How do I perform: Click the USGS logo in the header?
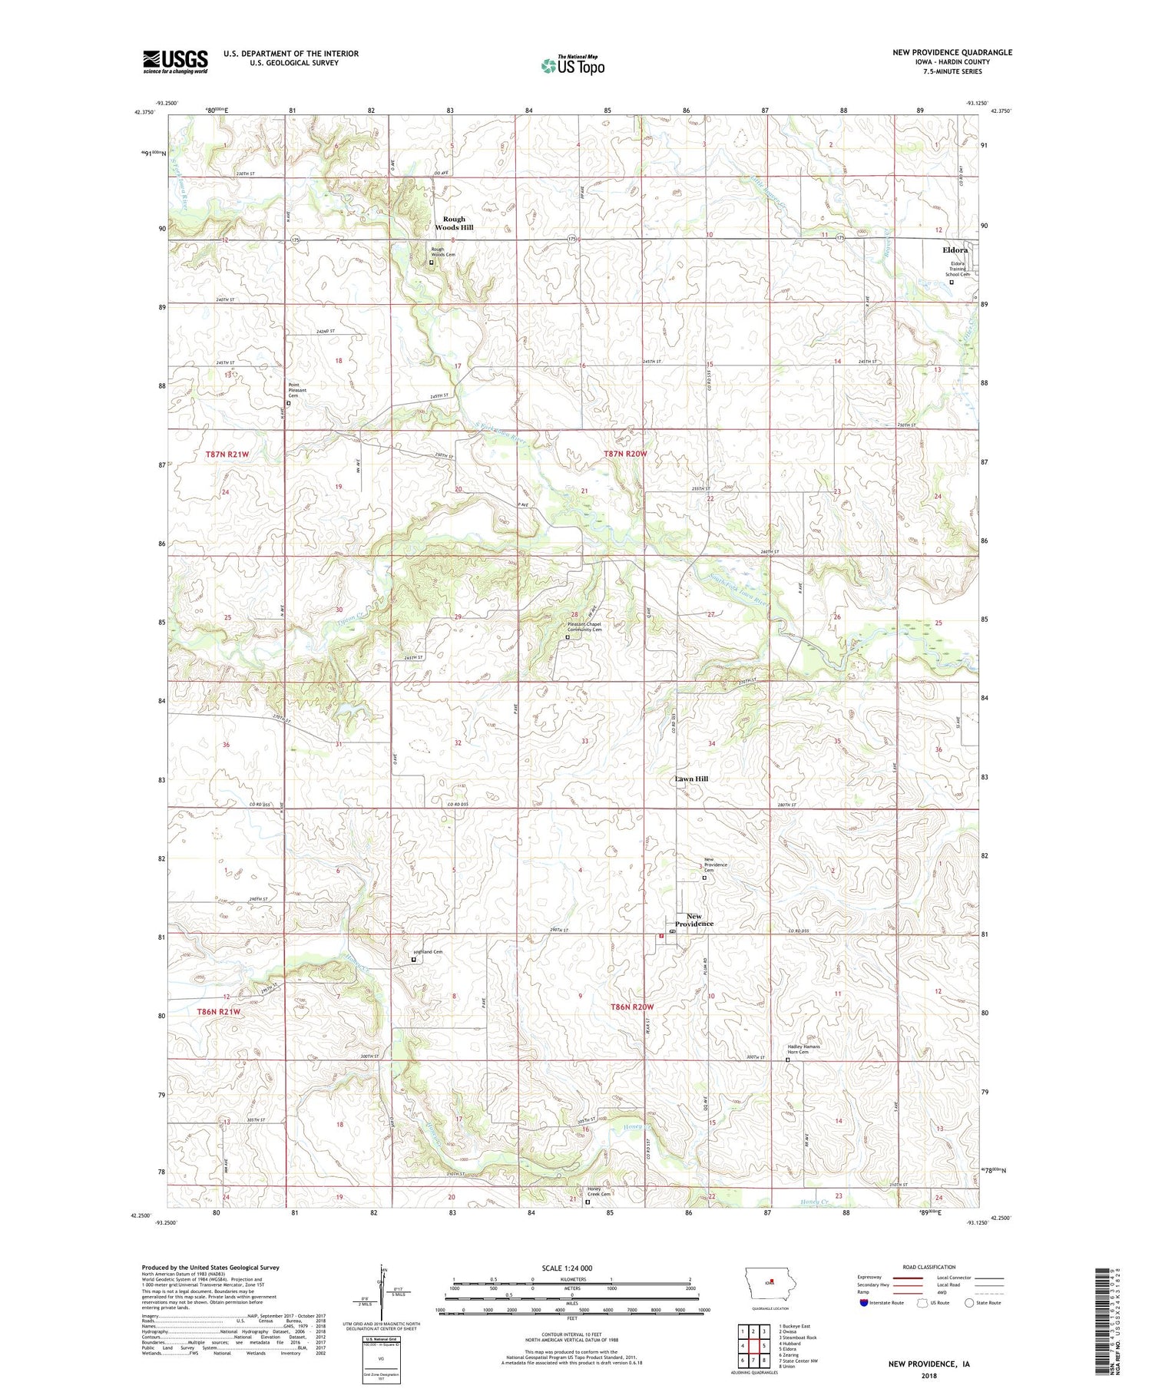pos(175,61)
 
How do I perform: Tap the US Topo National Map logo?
pos(572,65)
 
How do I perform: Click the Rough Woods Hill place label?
pos(454,223)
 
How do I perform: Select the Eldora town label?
pos(955,250)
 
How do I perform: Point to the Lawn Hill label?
pos(691,779)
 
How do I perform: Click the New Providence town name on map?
pos(694,920)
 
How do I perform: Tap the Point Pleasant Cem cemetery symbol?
pos(289,403)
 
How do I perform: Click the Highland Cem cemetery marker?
pos(413,959)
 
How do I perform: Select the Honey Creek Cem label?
pos(599,1192)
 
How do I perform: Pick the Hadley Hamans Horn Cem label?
pos(803,1049)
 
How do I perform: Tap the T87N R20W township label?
pos(625,454)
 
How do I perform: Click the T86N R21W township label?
pos(219,1011)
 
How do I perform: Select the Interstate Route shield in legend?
pos(864,1302)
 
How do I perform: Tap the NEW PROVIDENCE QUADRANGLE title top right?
pos(952,52)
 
